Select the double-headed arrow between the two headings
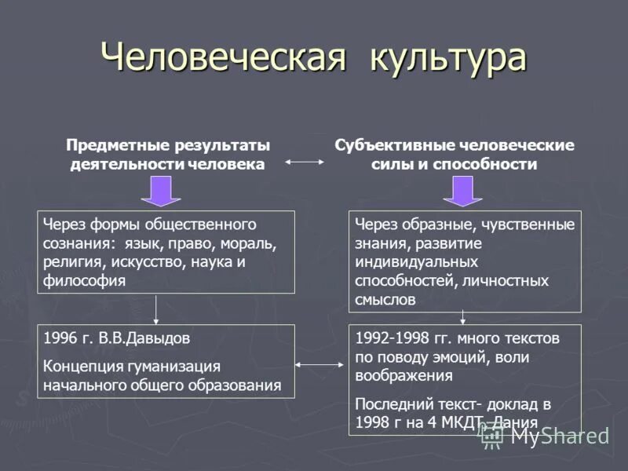click(305, 162)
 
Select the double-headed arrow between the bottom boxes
click(321, 364)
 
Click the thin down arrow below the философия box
click(156, 309)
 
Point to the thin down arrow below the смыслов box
click(462, 316)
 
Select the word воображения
click(403, 375)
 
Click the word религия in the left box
click(70, 261)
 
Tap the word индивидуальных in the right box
click(416, 261)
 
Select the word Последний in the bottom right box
click(389, 404)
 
